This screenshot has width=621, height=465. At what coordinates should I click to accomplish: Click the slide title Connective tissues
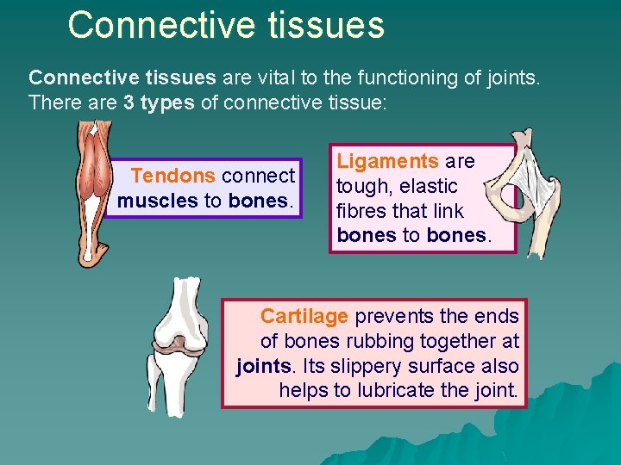pyautogui.click(x=226, y=25)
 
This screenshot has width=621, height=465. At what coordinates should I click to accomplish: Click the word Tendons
pyautogui.click(x=172, y=176)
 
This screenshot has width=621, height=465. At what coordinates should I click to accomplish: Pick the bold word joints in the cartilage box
pyautogui.click(x=263, y=366)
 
